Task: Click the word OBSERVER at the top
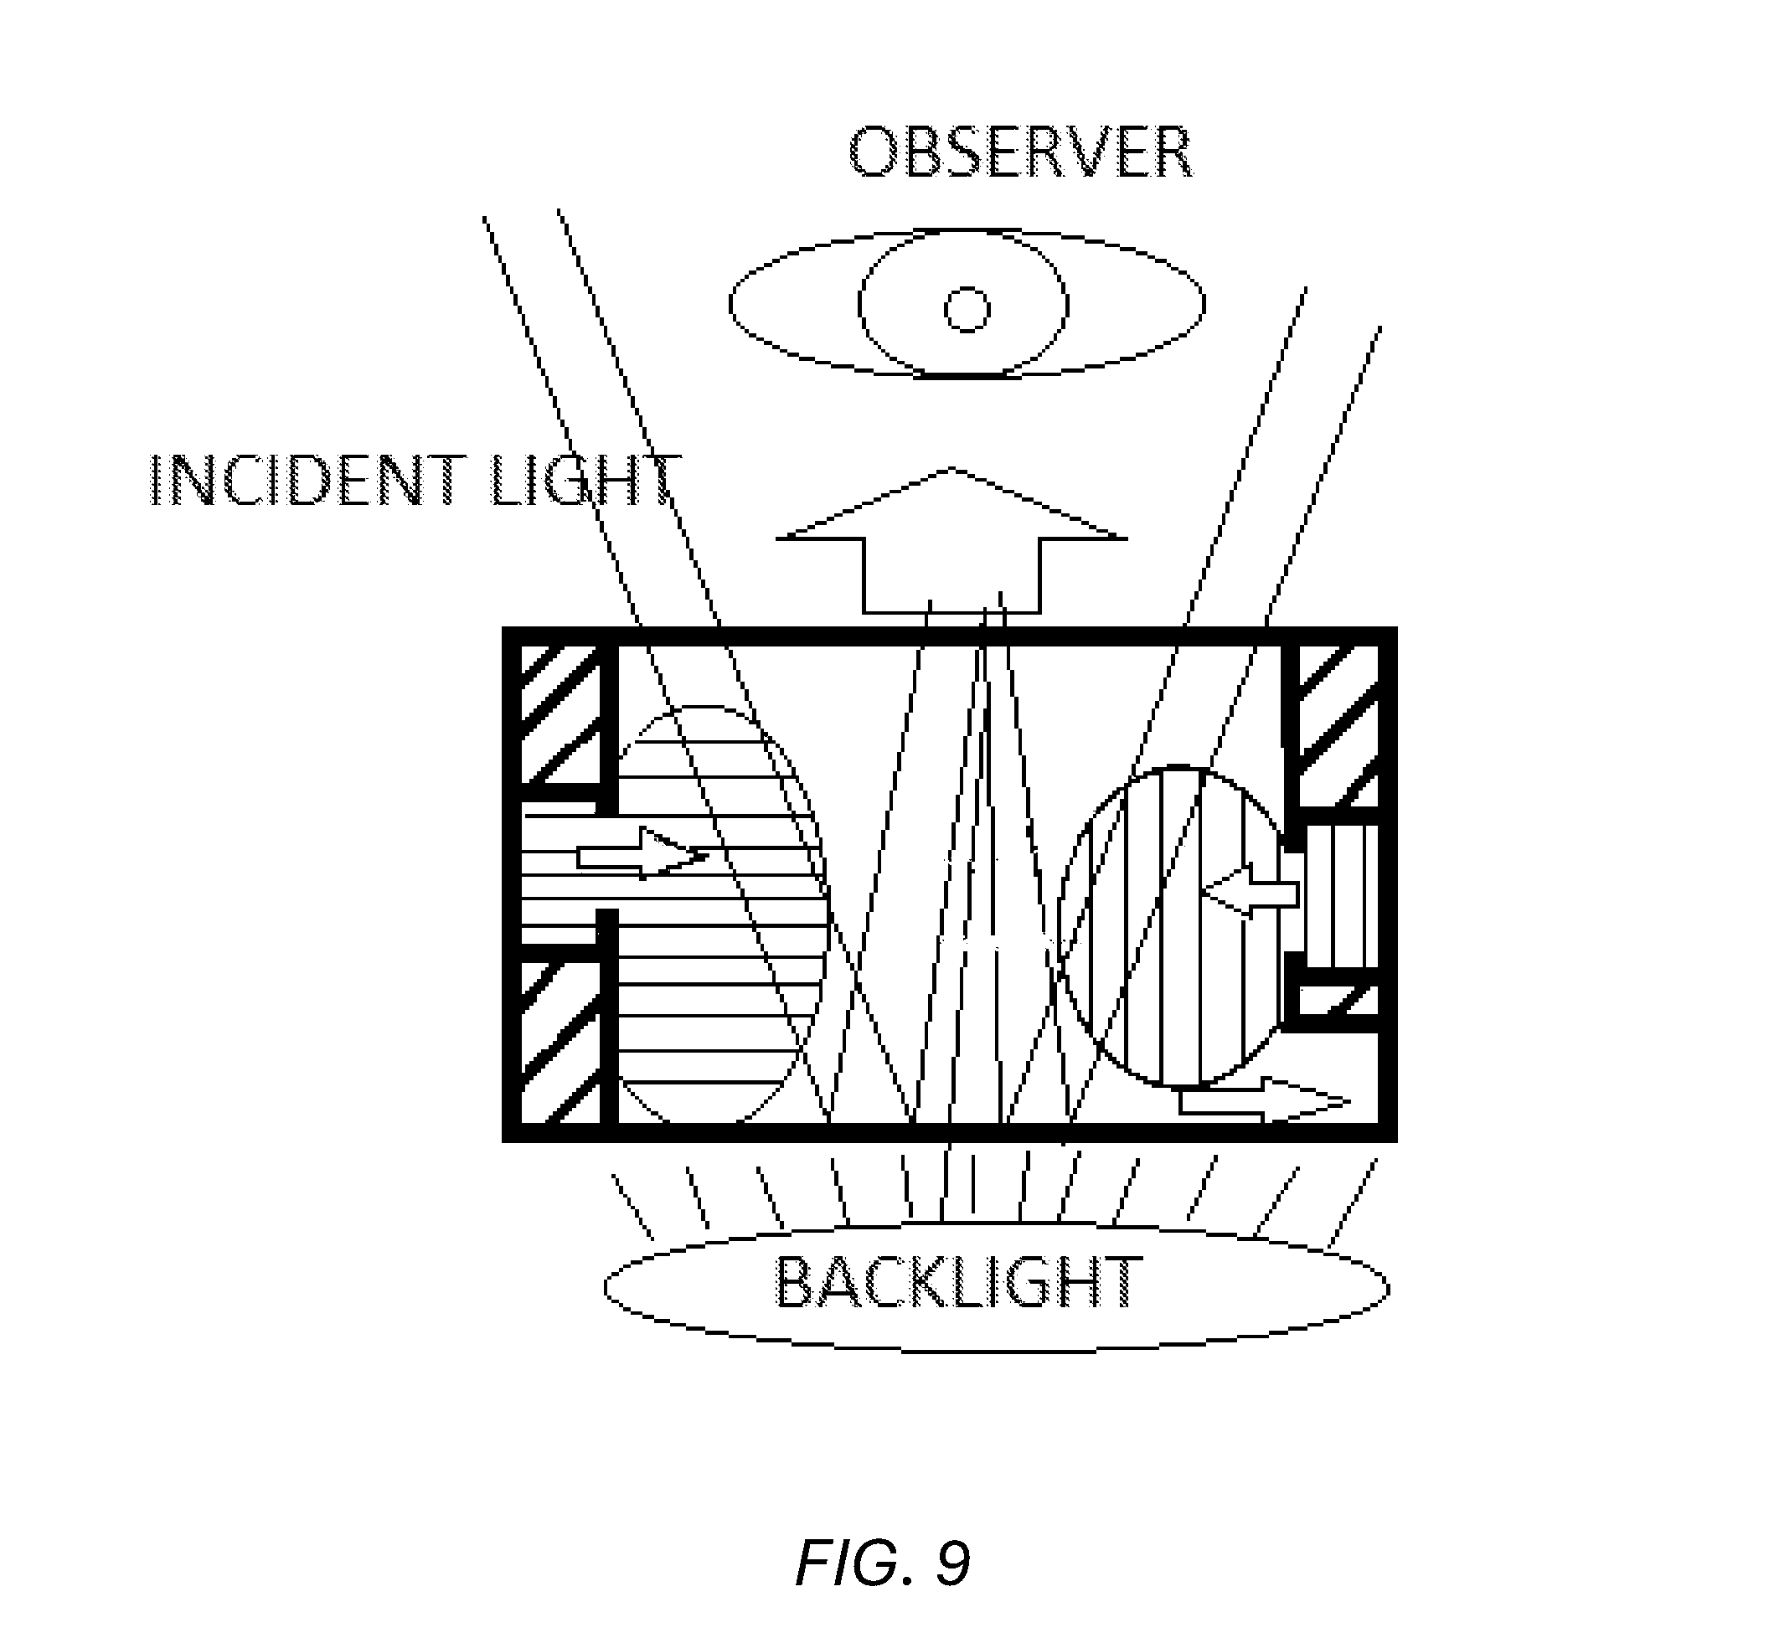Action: pyautogui.click(x=1020, y=152)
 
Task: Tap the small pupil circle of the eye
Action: pyautogui.click(x=967, y=309)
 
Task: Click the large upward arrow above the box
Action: pyautogui.click(x=951, y=540)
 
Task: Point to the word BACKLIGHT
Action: pyautogui.click(x=958, y=1283)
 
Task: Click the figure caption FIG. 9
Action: pyautogui.click(x=883, y=1563)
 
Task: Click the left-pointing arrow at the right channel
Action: pyautogui.click(x=1250, y=890)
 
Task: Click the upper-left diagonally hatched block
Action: pyautogui.click(x=559, y=714)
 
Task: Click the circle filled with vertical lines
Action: pyautogui.click(x=1172, y=926)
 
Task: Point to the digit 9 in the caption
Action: pyautogui.click(x=952, y=1563)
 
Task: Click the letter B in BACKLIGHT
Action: pyautogui.click(x=793, y=1283)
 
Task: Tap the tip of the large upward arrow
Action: pyautogui.click(x=953, y=467)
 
